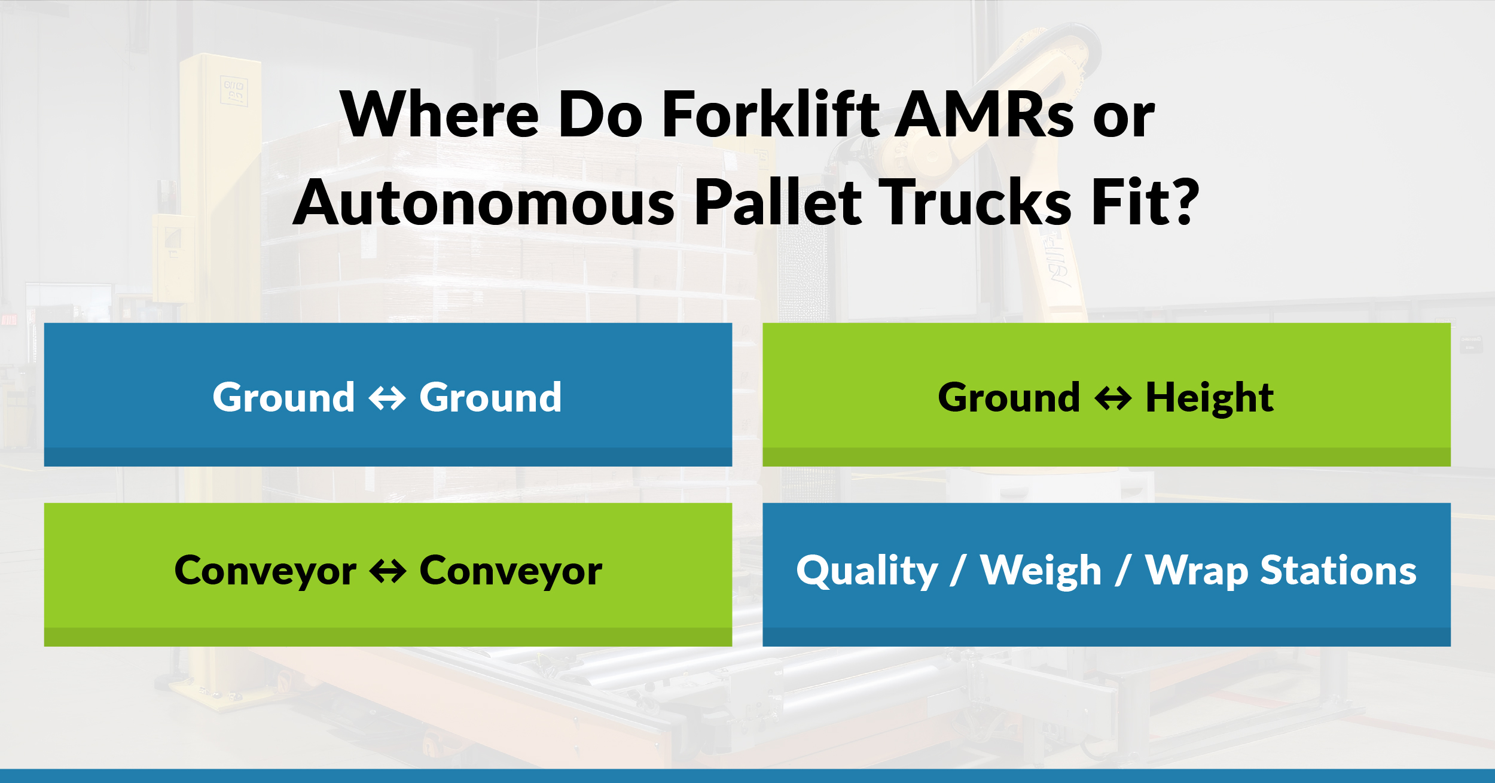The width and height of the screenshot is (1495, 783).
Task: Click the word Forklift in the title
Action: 771,114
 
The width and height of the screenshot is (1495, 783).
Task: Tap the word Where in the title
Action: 440,114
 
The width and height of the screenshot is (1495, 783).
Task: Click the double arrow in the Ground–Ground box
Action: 388,398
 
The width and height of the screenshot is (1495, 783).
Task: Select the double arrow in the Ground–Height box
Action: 1113,398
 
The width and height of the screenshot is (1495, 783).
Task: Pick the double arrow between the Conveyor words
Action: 388,571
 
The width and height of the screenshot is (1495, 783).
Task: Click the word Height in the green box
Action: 1209,398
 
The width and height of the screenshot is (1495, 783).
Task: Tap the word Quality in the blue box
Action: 867,571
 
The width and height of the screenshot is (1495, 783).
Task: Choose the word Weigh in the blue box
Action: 1041,571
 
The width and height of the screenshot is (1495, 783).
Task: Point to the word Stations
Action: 1338,571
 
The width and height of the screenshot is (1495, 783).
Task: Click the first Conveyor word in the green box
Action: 265,571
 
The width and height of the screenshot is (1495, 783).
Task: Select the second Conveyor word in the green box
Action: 511,571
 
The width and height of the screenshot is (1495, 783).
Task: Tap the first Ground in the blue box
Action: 283,398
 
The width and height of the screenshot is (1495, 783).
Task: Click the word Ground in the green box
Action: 1009,398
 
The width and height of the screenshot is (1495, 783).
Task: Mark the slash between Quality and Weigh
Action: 958,571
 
